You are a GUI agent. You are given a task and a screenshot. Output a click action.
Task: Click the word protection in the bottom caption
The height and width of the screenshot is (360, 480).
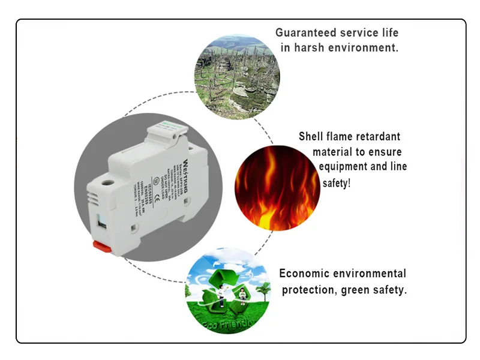point(307,290)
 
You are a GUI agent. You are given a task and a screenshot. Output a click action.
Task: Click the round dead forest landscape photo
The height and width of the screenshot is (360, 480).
point(237,76)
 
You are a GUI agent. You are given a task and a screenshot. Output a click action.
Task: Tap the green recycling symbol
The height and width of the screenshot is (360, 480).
point(217,289)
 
